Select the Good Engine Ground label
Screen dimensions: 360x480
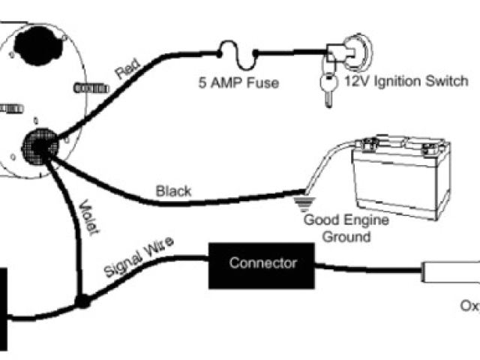tap(337, 228)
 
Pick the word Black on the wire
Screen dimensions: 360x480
tap(173, 190)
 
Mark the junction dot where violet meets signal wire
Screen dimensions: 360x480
tap(81, 302)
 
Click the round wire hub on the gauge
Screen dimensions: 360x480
tap(39, 145)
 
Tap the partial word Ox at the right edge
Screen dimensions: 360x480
tap(470, 306)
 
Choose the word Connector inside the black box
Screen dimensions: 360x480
tap(262, 263)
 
